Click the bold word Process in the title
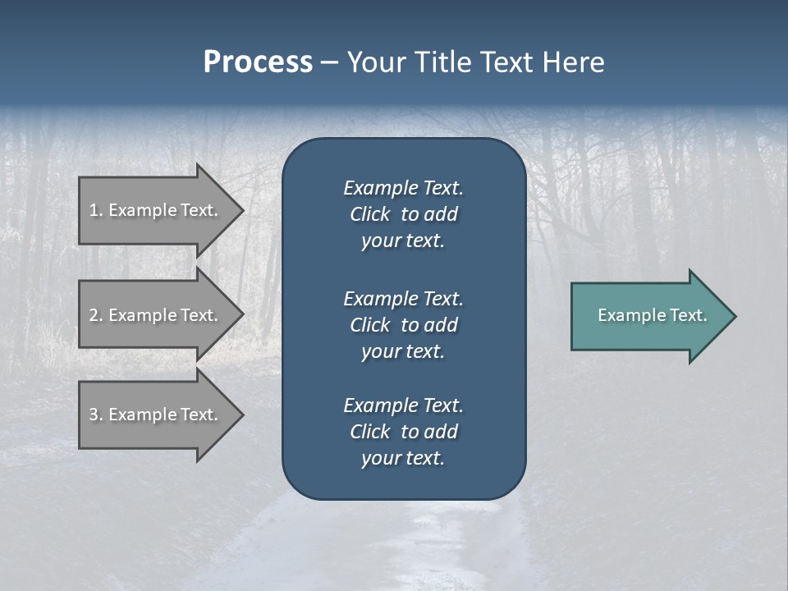coord(258,62)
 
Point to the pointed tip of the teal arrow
coord(734,315)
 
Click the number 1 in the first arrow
coord(94,210)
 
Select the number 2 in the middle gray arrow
coord(94,315)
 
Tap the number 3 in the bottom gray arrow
coord(94,415)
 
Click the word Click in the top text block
coord(370,214)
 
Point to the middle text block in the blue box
coord(403,325)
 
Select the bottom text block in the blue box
coord(403,432)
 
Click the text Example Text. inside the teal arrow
coord(653,315)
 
